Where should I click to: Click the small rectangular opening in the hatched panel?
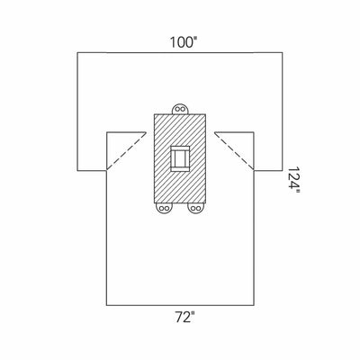click(181, 159)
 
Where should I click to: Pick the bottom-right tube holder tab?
click(196, 208)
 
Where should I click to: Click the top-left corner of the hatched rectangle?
click(155, 114)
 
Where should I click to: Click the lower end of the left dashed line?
click(107, 170)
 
